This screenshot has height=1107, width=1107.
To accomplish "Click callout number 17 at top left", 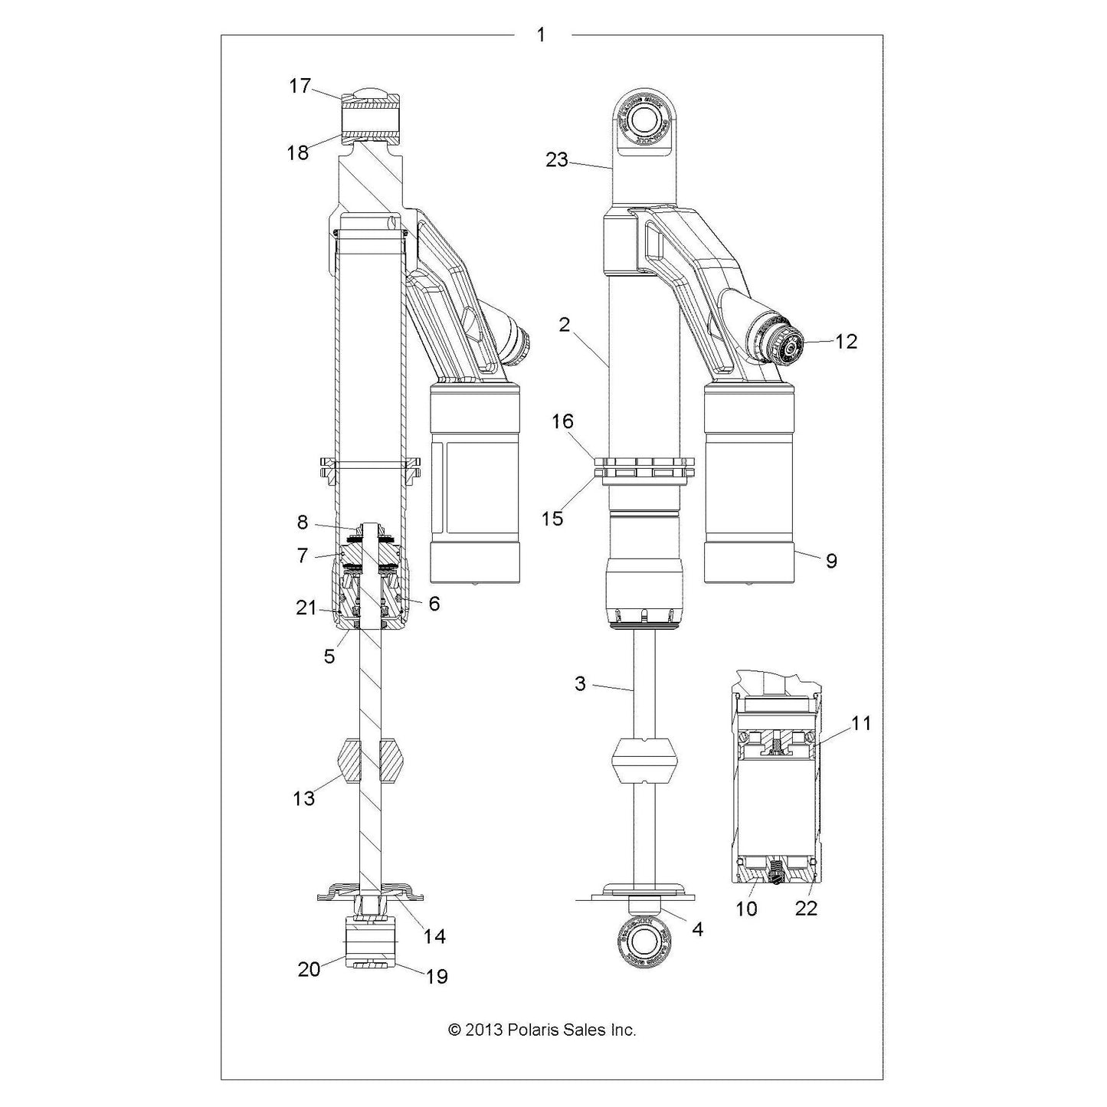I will tap(300, 86).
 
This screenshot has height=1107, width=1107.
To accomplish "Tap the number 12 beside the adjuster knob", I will tap(846, 342).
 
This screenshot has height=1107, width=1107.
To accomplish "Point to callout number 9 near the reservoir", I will tap(830, 561).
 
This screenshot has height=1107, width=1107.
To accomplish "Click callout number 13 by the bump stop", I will tap(303, 798).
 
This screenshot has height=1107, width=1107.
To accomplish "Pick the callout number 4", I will tap(696, 929).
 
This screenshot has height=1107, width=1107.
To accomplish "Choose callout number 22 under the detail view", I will tap(806, 908).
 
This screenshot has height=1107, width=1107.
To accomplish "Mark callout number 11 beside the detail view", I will tap(861, 722).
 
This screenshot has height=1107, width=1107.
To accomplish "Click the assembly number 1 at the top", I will tap(541, 34).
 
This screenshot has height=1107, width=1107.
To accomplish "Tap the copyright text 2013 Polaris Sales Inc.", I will tap(542, 1030).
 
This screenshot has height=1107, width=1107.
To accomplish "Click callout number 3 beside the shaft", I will tap(580, 683).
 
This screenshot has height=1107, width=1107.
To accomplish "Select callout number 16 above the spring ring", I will tap(562, 421).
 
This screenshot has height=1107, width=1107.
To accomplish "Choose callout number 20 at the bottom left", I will tap(309, 969).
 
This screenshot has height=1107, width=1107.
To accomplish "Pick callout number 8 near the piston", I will tap(303, 522).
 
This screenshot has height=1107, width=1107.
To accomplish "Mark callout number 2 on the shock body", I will tap(565, 325).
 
